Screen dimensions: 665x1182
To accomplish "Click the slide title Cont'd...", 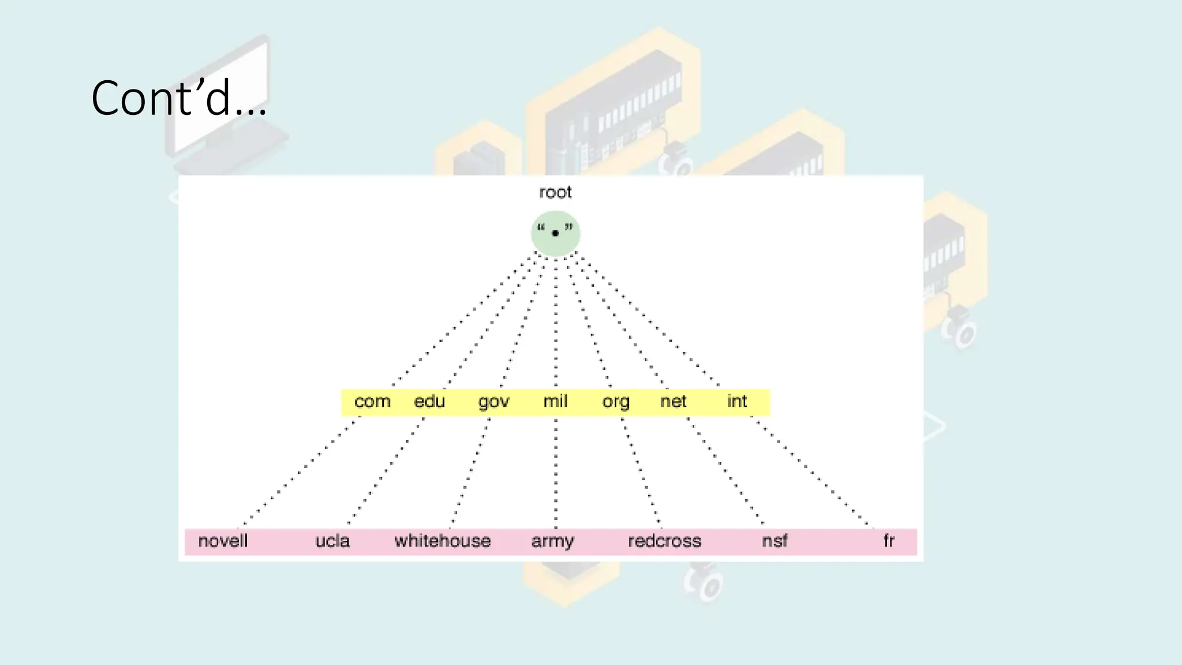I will coord(179,98).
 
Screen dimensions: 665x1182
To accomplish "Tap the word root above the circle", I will coord(555,192).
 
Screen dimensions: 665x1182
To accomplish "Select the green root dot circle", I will coord(555,233).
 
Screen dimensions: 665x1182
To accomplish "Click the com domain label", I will coord(372,401).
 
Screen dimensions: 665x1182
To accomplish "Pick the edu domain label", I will coord(429,401).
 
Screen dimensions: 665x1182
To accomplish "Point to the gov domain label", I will coord(493,402).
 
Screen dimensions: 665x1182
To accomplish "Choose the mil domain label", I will coord(555,401).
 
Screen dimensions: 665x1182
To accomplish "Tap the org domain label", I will coord(616,402).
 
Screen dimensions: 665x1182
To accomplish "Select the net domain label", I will coord(673,401).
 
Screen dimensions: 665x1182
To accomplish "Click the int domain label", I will coord(736,401).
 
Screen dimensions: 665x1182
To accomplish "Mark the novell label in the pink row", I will coord(223,541).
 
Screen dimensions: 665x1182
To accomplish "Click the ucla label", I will coord(332,541).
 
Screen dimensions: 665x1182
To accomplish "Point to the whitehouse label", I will coord(443,541).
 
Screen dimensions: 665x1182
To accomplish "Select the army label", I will coord(552,541).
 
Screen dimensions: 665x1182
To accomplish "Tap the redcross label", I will coord(664,541).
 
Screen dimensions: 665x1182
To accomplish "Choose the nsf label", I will coord(775,541).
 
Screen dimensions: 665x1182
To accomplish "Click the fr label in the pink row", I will coord(889,541).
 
